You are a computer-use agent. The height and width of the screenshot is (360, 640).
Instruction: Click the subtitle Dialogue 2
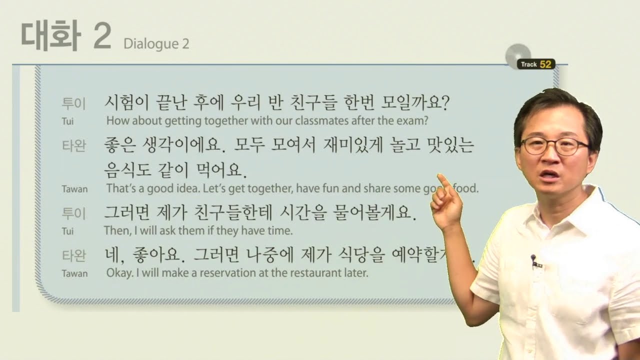click(x=156, y=44)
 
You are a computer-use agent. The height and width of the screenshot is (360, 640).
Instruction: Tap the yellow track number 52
click(x=545, y=64)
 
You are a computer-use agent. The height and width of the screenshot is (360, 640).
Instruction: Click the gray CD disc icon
click(x=517, y=55)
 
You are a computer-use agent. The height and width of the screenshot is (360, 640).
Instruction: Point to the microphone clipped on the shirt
click(x=534, y=259)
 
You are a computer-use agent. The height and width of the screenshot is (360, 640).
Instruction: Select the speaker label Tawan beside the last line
click(x=74, y=273)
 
